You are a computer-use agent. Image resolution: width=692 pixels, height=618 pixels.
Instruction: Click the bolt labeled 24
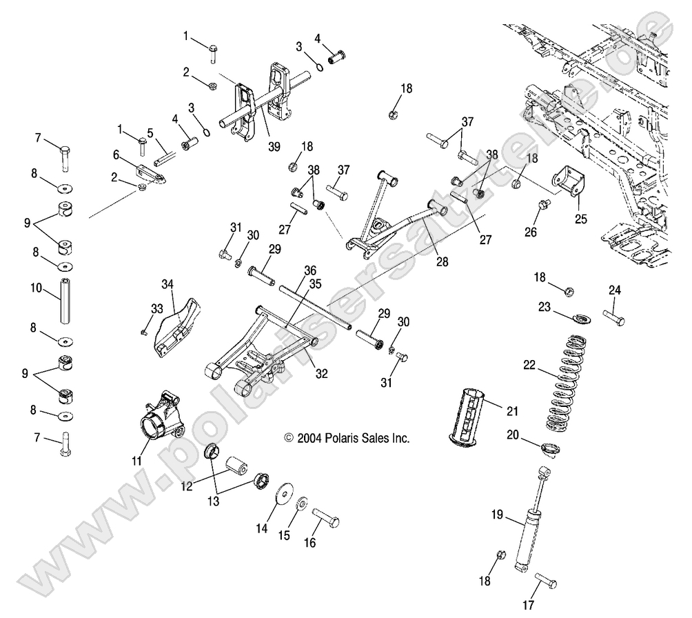[615, 318]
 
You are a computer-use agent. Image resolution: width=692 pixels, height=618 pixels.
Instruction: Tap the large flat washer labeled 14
[283, 496]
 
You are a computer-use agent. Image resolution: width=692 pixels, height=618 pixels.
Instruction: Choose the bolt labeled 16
[326, 517]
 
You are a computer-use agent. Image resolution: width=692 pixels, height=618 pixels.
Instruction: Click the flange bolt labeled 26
[544, 204]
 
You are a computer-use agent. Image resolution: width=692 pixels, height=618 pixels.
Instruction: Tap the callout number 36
[309, 272]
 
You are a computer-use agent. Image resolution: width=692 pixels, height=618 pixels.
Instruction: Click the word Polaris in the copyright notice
[339, 437]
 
